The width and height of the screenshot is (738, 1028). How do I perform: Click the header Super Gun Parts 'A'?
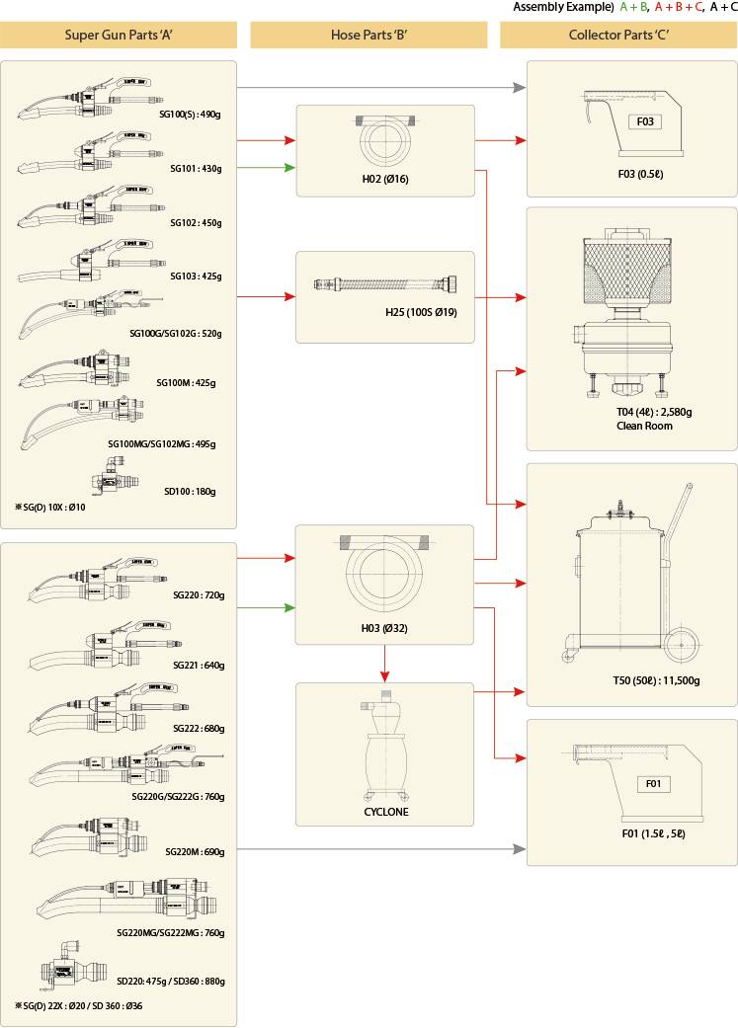[x=120, y=36]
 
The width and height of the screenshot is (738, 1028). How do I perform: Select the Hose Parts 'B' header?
[x=369, y=36]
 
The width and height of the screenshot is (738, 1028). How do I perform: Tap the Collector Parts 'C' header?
[x=618, y=36]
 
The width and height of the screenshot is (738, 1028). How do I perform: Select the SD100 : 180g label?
[x=190, y=491]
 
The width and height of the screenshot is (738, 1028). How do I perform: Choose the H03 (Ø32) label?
[x=384, y=626]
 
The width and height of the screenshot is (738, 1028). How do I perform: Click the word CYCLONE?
[x=385, y=812]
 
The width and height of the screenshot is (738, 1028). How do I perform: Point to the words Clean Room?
[x=644, y=427]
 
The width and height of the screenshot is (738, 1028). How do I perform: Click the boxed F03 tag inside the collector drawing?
[x=645, y=122]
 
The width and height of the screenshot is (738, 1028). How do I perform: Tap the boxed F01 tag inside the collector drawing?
[x=653, y=784]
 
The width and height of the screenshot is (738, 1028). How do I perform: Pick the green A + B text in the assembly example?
[x=633, y=7]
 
